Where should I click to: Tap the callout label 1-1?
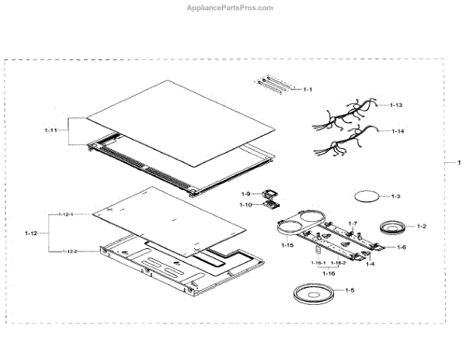[308, 90]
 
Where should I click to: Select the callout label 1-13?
[396, 105]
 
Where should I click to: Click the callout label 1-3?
[395, 196]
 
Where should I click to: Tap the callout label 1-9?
[245, 193]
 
